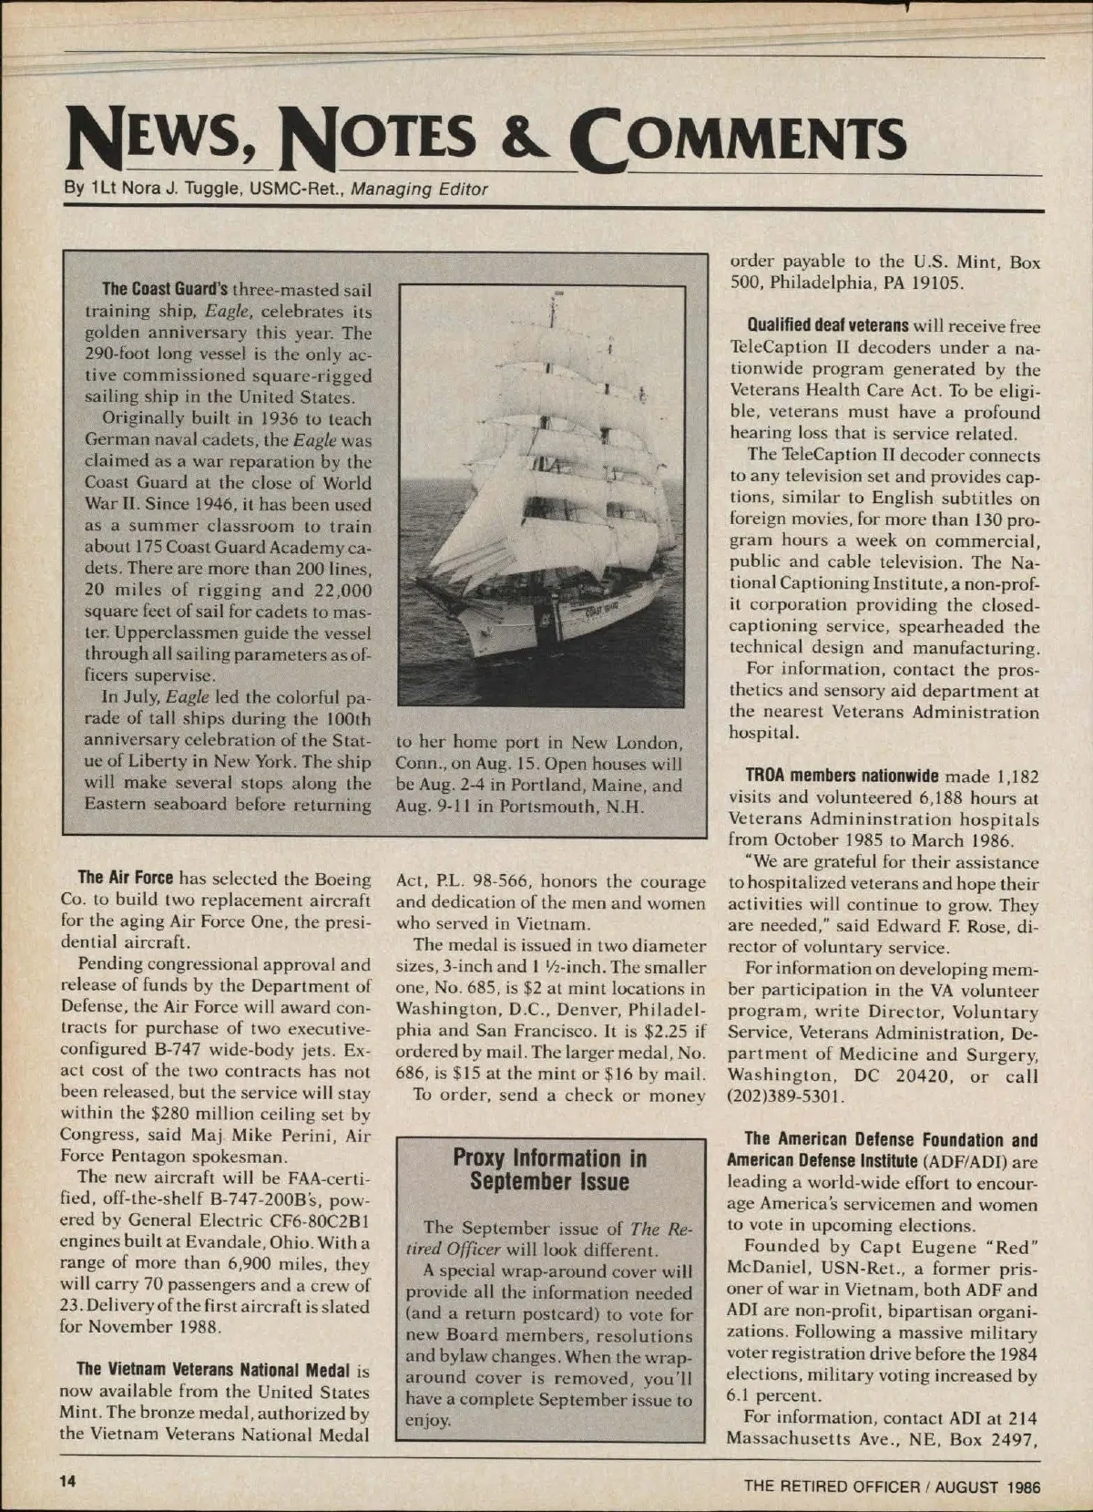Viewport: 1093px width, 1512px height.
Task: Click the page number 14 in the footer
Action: [67, 1480]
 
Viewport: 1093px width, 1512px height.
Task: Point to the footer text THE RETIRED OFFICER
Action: [832, 1486]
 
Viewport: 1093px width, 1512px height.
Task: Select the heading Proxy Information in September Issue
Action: [549, 1170]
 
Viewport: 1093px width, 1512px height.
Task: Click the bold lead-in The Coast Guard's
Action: [166, 290]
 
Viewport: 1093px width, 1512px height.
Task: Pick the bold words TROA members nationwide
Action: [842, 777]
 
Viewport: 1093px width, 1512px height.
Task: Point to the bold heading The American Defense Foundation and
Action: [891, 1139]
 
